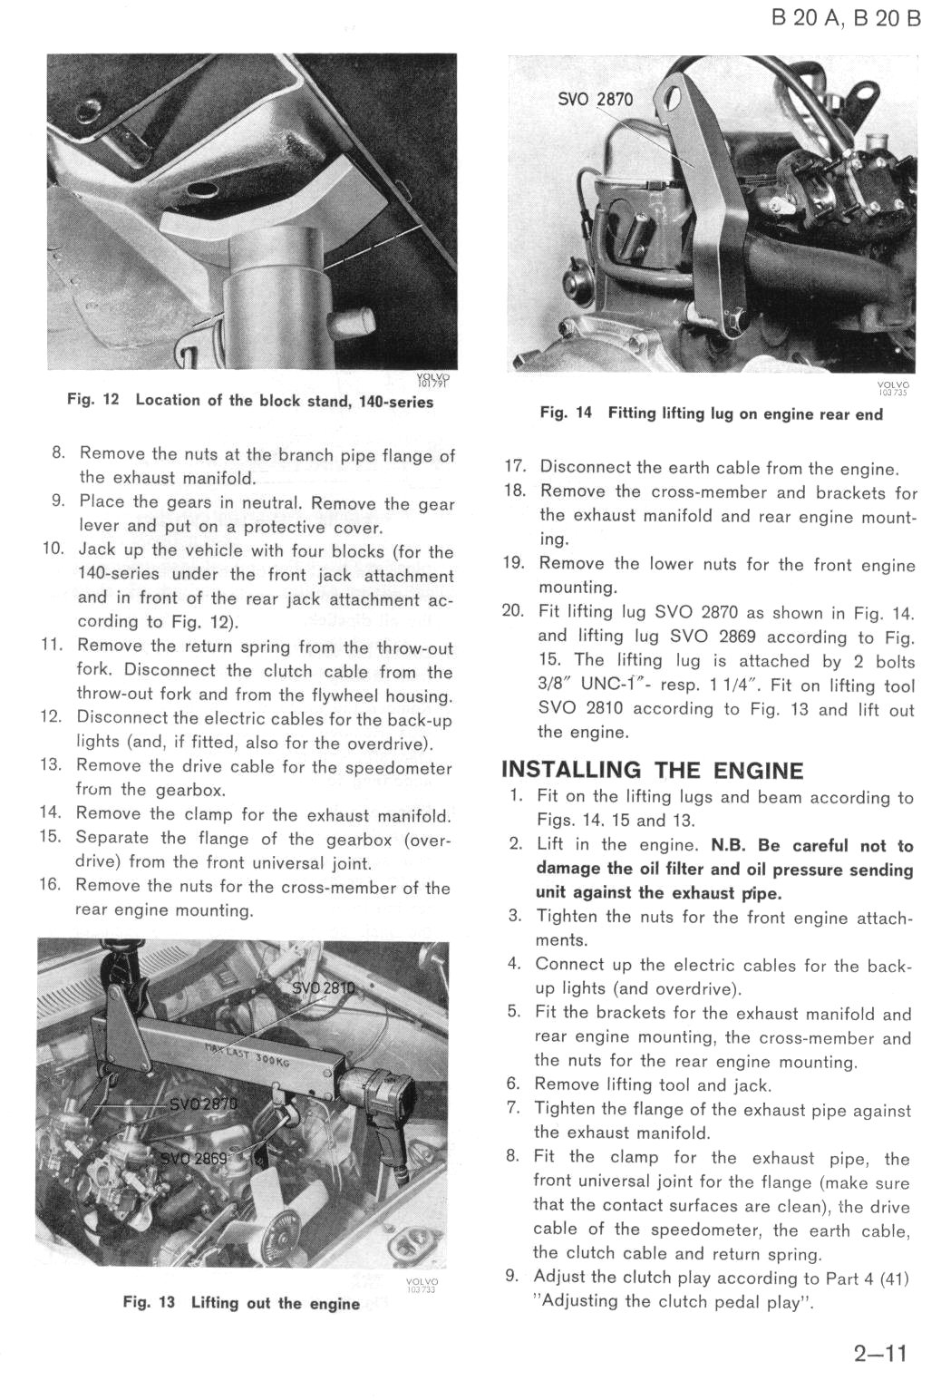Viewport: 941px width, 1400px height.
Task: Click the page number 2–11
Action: [879, 1355]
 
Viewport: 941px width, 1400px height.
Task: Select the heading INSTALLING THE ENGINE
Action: [652, 771]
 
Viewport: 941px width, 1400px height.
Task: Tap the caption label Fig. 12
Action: [94, 401]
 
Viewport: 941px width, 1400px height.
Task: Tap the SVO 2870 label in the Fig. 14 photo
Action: [595, 99]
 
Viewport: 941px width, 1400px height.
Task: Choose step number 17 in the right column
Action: [515, 468]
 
